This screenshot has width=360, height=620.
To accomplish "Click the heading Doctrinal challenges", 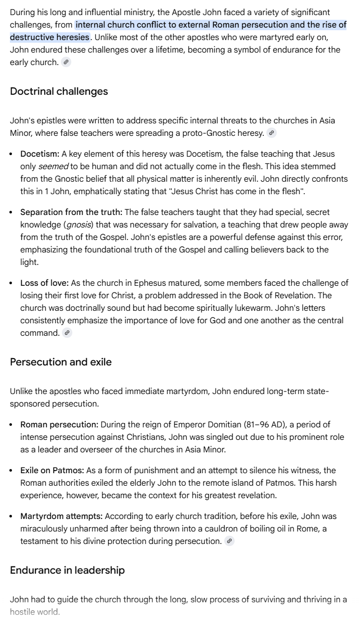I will pos(59,91).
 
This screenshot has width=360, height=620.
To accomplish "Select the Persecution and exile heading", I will pos(60,362).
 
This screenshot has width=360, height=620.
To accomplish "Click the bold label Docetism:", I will pos(40,154).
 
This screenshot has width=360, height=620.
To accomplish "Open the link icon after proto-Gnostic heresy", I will pos(272,133).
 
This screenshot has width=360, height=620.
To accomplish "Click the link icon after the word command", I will pos(67,333).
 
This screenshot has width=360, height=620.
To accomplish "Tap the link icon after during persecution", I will pos(229,541).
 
